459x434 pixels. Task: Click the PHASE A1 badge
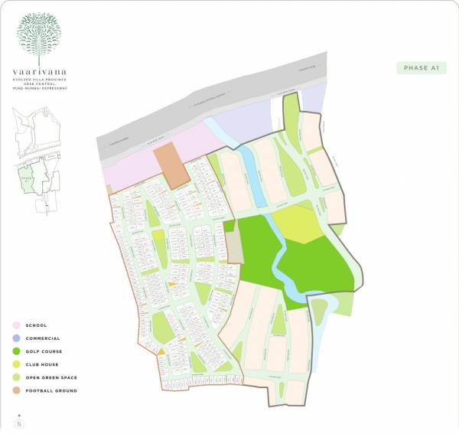pyautogui.click(x=420, y=68)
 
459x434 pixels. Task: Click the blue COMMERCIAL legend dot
pyautogui.click(x=16, y=338)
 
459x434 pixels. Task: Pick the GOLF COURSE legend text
pyautogui.click(x=45, y=351)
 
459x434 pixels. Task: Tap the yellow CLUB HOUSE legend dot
pyautogui.click(x=16, y=364)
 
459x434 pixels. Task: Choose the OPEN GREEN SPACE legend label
pyautogui.click(x=51, y=377)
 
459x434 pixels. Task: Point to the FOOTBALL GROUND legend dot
pyautogui.click(x=16, y=390)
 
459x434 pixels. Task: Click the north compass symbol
pyautogui.click(x=18, y=423)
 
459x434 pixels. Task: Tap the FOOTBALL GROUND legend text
pyautogui.click(x=50, y=390)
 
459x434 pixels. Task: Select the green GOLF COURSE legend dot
pyautogui.click(x=16, y=351)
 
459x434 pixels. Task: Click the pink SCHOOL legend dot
pyautogui.click(x=16, y=325)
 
